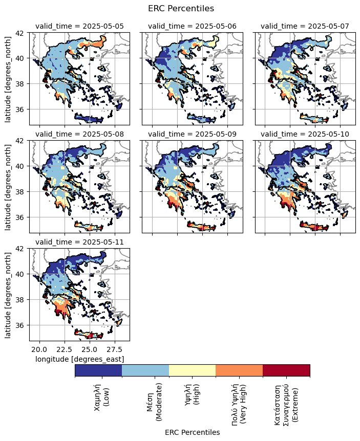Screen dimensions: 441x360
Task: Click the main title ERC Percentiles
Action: tap(180, 8)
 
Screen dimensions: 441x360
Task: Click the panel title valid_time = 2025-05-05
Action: tap(79, 27)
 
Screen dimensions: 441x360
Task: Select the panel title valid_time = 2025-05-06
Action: tap(192, 27)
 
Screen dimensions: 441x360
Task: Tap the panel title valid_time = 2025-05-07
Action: tap(305, 27)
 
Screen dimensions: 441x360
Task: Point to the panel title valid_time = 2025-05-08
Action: tap(79, 135)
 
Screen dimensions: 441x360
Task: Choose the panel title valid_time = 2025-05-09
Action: tap(192, 135)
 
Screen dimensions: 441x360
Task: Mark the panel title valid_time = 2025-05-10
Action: tap(305, 135)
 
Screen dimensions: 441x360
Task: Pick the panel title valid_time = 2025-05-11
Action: tap(79, 242)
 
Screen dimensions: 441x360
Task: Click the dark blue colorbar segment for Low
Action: tap(98, 370)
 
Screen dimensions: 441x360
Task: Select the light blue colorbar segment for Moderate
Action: tap(145, 370)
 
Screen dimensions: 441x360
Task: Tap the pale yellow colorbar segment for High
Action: tap(192, 370)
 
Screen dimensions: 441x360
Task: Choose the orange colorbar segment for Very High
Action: tap(239, 370)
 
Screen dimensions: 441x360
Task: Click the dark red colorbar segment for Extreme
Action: tap(286, 370)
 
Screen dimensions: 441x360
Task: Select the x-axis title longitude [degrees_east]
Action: tap(79, 360)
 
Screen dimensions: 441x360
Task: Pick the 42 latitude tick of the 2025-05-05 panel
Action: tap(23, 33)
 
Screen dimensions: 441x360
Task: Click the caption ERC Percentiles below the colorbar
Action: tap(192, 432)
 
